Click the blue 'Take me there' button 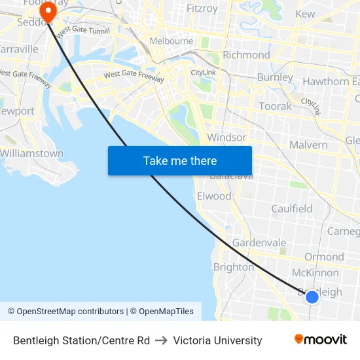point(180,160)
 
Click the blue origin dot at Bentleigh point(312,297)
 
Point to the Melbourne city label point(171,41)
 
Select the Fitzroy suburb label point(202,9)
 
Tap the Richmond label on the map point(246,55)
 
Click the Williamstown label point(31,154)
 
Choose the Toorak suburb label point(275,106)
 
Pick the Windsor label point(226,137)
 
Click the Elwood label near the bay point(214,196)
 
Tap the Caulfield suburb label point(292,209)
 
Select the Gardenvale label point(259,243)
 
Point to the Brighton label point(234,267)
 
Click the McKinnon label point(315,273)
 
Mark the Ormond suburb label point(324,257)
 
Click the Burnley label point(275,77)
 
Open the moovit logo point(321,339)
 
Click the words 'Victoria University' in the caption point(217,340)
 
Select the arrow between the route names point(162,340)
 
